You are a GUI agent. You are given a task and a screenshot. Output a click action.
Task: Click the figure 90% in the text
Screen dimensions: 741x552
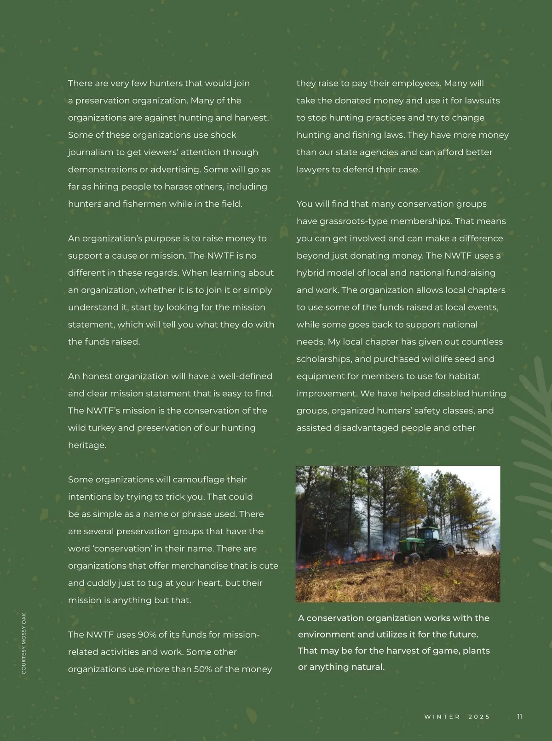point(147,635)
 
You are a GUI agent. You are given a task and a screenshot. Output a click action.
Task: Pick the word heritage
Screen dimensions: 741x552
point(87,446)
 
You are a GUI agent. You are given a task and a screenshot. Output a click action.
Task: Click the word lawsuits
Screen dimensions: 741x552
point(482,101)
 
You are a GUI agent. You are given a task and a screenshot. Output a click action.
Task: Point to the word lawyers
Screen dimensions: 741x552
point(313,170)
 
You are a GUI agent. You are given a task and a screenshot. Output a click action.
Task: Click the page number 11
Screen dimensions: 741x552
point(519,717)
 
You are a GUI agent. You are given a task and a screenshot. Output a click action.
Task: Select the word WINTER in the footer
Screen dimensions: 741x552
point(442,717)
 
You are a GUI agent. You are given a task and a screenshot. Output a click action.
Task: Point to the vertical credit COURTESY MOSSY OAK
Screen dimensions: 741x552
point(24,643)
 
